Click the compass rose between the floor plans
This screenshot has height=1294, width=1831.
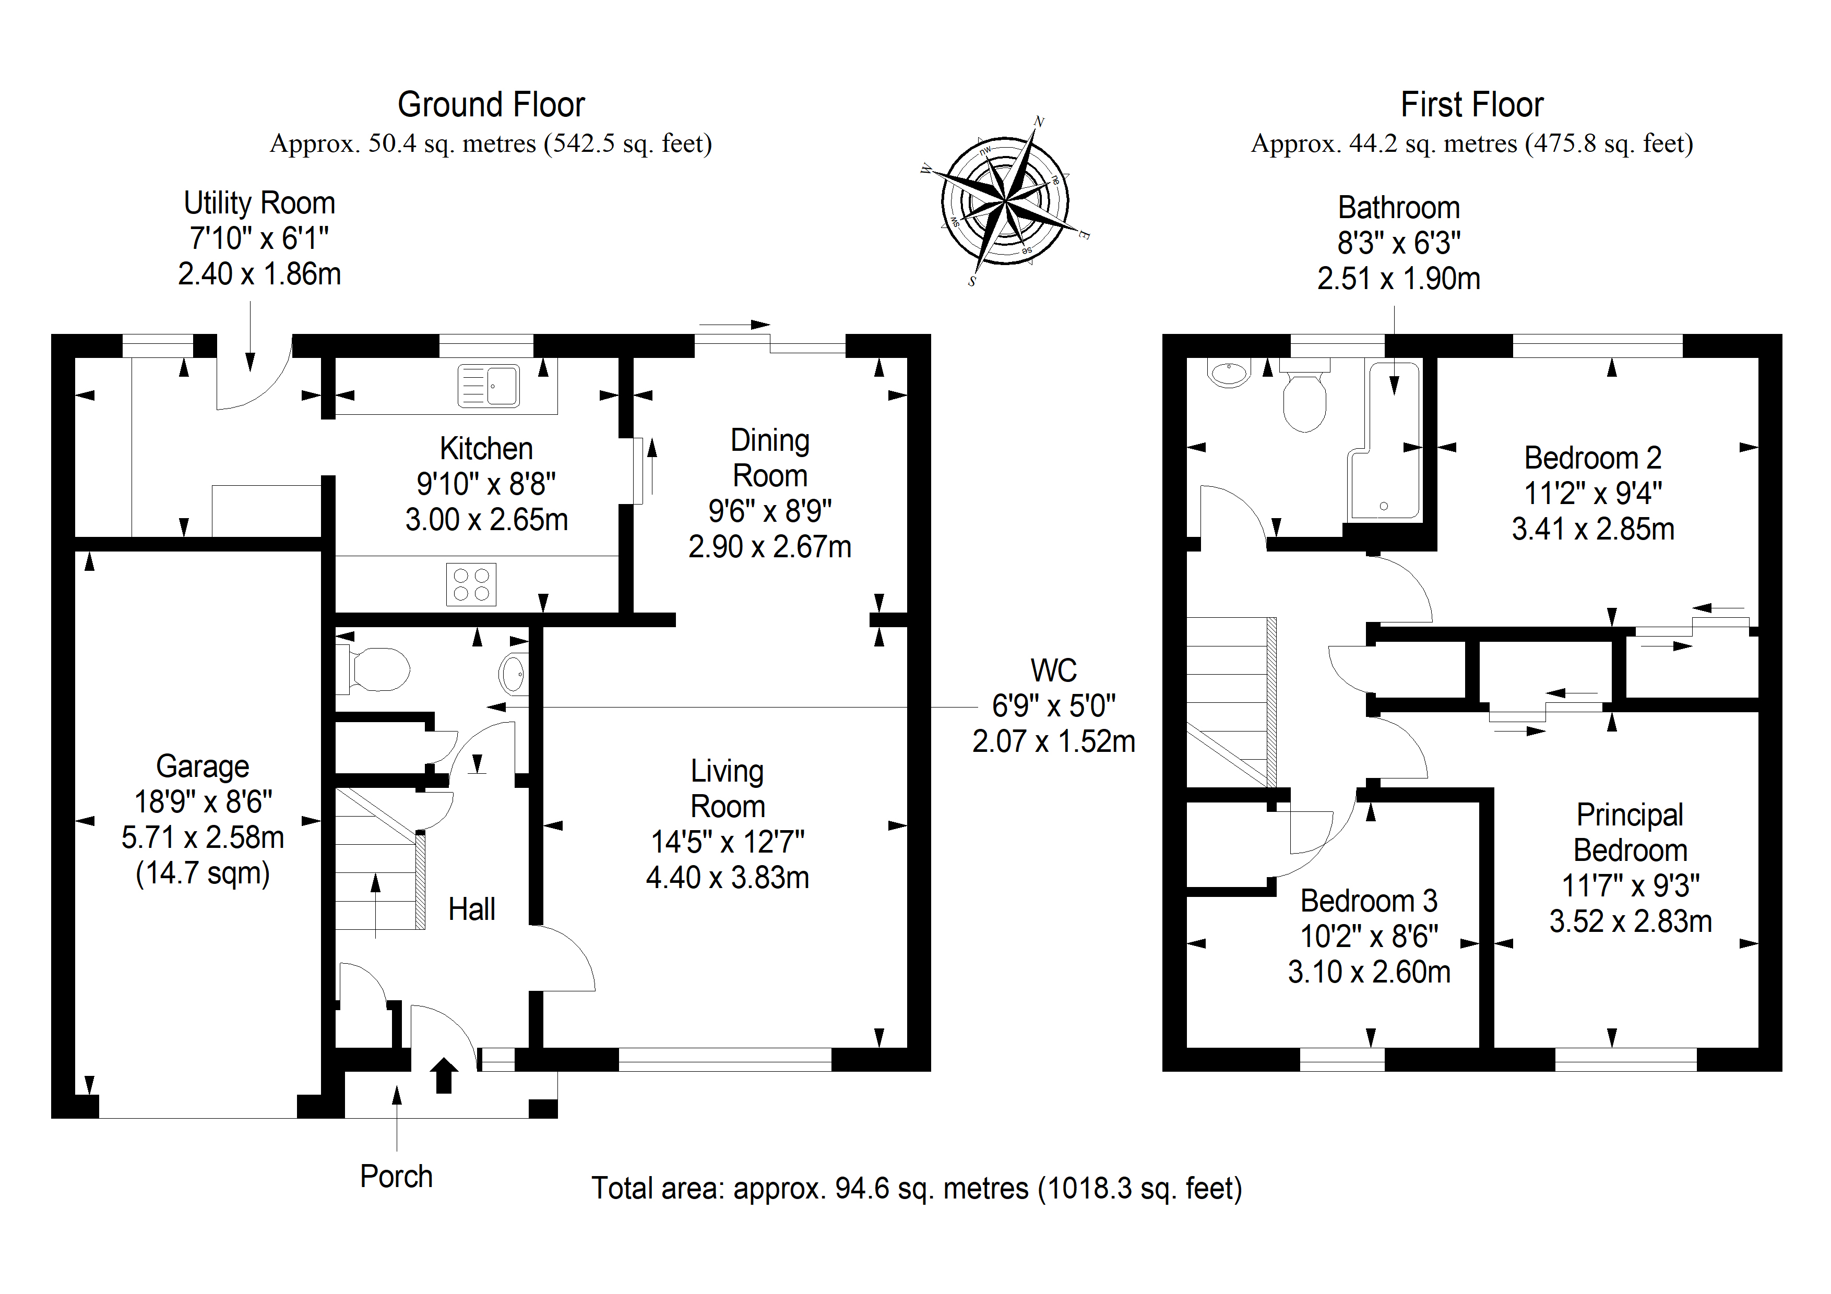pos(1005,201)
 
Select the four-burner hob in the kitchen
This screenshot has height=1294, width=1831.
pos(470,584)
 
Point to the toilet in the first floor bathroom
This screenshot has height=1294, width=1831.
pos(1305,396)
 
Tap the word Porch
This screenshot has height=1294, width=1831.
pos(396,1177)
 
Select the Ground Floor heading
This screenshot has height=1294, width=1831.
pos(491,104)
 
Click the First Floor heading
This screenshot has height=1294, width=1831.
pos(1472,104)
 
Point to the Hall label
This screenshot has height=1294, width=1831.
pos(471,909)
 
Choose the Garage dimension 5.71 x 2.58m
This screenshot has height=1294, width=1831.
pos(203,837)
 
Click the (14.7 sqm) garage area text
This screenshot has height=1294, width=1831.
pos(203,873)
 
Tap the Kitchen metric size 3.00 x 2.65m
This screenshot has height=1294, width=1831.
pos(486,520)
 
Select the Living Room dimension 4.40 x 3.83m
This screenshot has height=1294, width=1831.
pos(727,878)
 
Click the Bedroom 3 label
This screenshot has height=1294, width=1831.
pos(1369,901)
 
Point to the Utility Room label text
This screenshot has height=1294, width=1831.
pos(259,203)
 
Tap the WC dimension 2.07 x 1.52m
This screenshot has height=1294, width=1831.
pos(1053,741)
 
